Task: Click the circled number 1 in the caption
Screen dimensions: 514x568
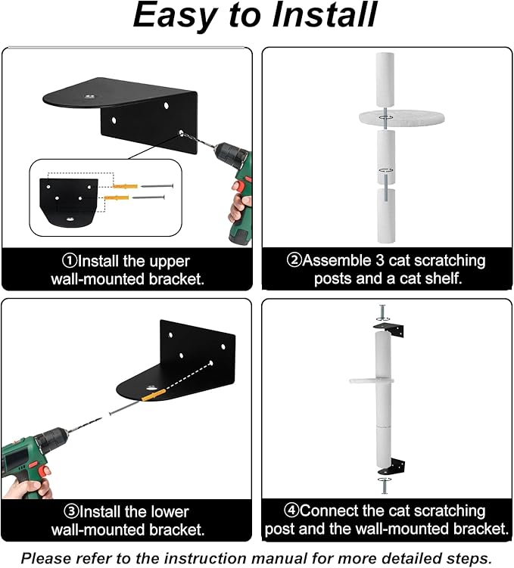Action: point(69,261)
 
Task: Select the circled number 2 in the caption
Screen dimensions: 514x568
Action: point(294,260)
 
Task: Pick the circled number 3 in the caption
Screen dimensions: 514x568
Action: point(70,511)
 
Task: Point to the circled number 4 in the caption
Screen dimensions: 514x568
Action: point(291,511)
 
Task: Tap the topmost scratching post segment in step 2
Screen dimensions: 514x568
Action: point(385,79)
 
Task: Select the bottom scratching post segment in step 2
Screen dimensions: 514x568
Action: point(386,216)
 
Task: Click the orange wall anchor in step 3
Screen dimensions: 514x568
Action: point(154,395)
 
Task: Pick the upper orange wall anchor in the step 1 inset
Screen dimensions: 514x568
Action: point(125,186)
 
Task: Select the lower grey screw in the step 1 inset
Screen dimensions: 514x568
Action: point(148,197)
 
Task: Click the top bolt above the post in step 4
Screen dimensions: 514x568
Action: point(382,313)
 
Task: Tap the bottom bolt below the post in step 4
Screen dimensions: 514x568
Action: point(385,486)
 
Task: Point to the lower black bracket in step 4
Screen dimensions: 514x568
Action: point(392,467)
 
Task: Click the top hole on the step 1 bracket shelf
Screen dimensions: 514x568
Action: point(89,96)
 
